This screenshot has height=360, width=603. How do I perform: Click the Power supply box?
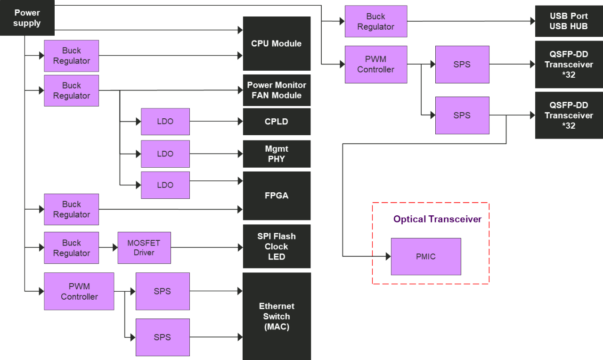[x=27, y=18]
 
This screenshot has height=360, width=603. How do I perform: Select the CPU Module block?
[x=277, y=43]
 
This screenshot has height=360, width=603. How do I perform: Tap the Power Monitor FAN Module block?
[x=277, y=90]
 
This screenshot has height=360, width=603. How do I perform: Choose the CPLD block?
[x=277, y=122]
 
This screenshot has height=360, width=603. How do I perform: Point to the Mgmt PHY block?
[x=277, y=154]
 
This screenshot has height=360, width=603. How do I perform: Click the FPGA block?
[x=277, y=196]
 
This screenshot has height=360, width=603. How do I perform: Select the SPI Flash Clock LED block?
[x=277, y=246]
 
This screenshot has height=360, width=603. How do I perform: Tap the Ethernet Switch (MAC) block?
[x=277, y=316]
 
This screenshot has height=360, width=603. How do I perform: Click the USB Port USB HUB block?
[x=569, y=21]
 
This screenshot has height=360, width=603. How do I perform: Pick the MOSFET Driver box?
[x=144, y=248]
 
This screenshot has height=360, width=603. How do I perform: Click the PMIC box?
[x=426, y=257]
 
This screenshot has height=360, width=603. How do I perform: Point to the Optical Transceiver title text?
[x=437, y=219]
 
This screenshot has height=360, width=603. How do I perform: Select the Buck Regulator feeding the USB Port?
[x=376, y=21]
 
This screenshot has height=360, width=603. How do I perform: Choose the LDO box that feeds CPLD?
[x=165, y=122]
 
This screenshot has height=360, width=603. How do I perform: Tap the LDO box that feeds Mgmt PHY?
[x=165, y=154]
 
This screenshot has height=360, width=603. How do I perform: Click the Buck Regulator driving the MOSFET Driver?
[x=72, y=248]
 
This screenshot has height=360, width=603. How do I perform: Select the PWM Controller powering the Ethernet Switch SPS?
[x=79, y=291]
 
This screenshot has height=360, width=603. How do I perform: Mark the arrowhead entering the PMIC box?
[x=388, y=256]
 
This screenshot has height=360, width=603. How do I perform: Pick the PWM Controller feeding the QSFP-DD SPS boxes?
[x=376, y=65]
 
